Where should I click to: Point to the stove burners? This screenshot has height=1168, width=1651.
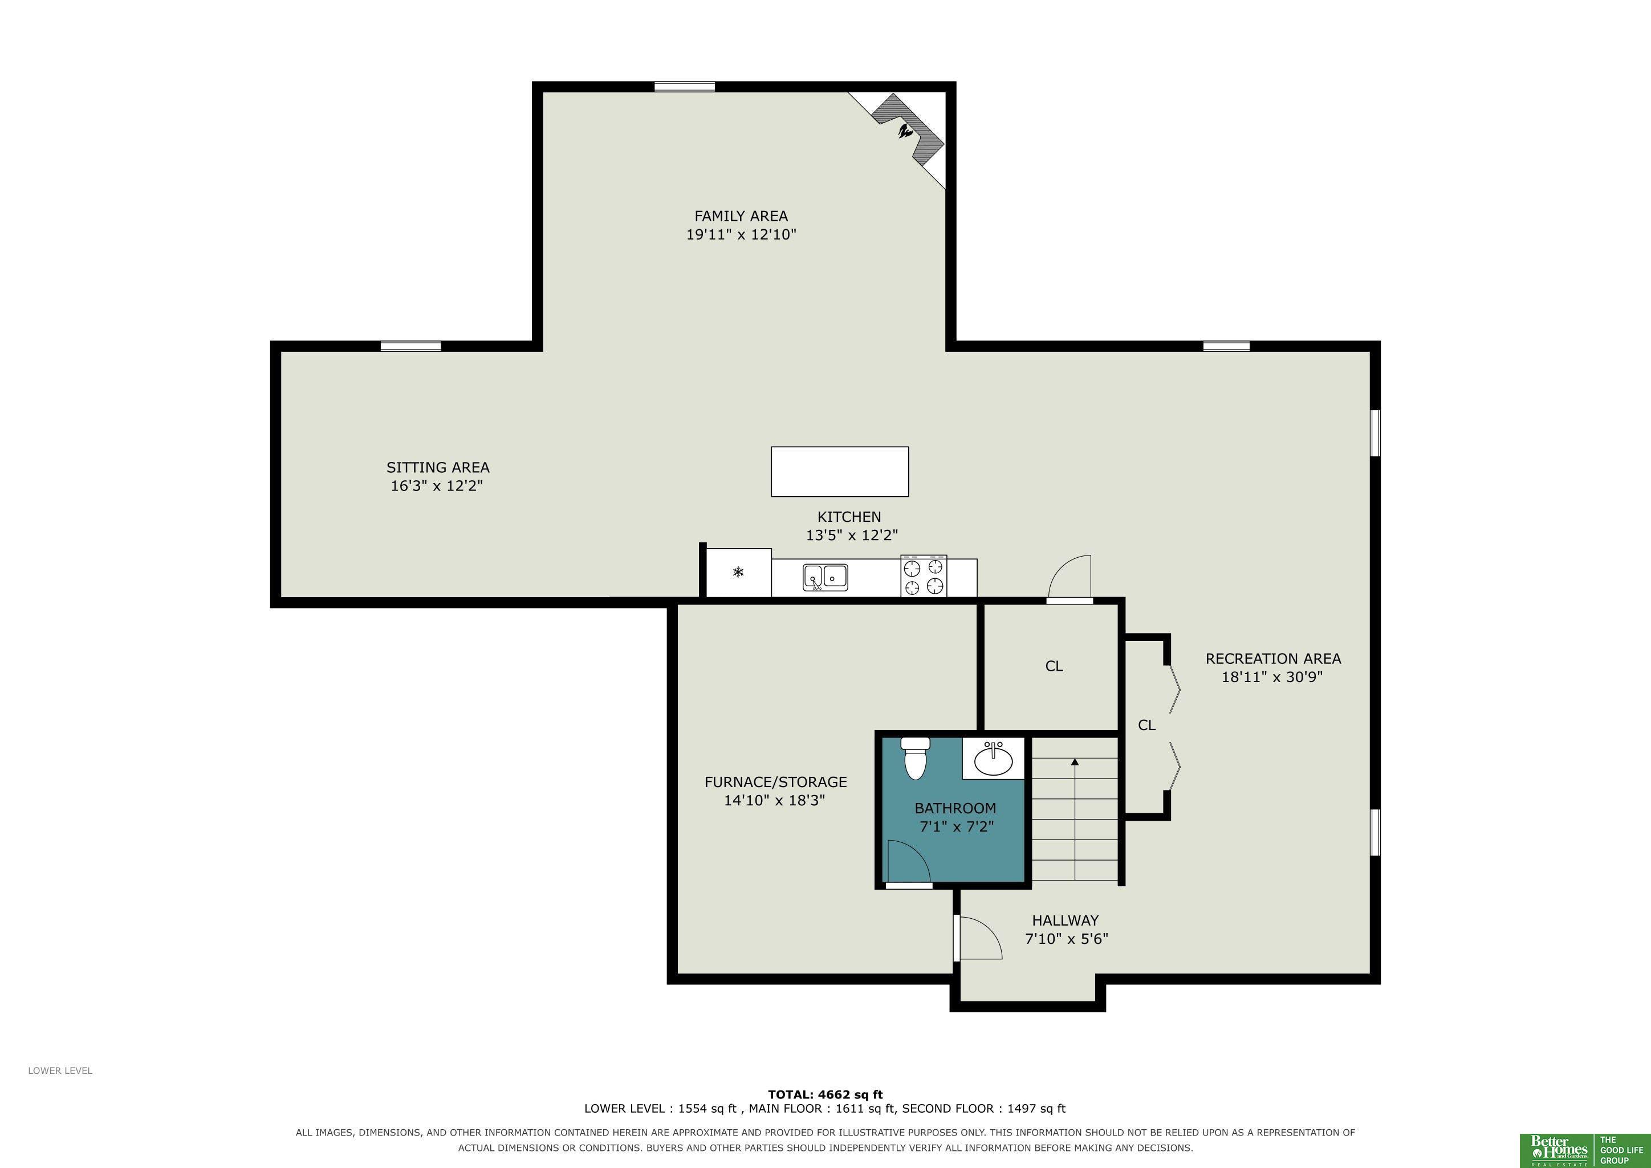click(924, 576)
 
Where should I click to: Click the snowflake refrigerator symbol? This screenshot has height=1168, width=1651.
click(738, 573)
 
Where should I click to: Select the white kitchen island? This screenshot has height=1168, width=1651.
click(840, 472)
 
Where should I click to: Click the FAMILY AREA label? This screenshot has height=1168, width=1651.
click(741, 216)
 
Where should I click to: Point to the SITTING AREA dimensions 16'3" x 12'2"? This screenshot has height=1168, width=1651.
click(437, 485)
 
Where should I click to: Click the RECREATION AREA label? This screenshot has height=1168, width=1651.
click(1274, 658)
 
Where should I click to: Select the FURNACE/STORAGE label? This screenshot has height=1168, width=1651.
click(776, 782)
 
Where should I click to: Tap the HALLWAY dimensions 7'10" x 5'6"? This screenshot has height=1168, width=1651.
click(1067, 939)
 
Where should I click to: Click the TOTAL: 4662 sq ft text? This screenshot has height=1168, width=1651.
click(825, 1094)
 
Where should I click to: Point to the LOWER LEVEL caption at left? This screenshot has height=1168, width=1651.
click(60, 1070)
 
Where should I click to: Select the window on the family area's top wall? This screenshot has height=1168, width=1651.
click(685, 87)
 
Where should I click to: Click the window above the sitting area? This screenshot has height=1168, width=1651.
click(410, 346)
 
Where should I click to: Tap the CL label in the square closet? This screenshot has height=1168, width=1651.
click(1054, 666)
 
